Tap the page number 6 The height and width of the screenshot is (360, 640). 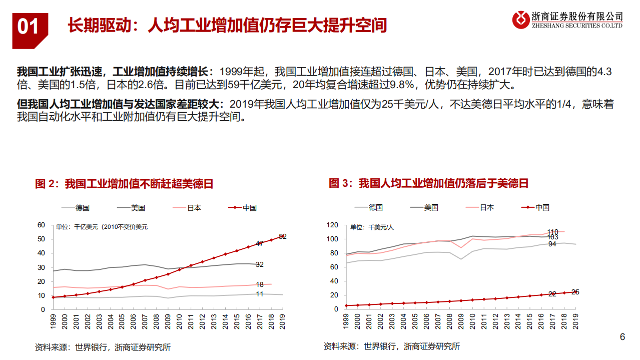pyautogui.click(x=622, y=337)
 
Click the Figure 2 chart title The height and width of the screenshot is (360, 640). pyautogui.click(x=124, y=183)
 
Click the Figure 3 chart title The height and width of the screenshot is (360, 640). pyautogui.click(x=428, y=183)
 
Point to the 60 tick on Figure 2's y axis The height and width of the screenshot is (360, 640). pyautogui.click(x=42, y=225)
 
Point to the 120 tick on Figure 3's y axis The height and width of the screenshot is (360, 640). pyautogui.click(x=333, y=225)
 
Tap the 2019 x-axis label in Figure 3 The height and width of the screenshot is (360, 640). pyautogui.click(x=575, y=320)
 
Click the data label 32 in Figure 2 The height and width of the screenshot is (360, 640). pyautogui.click(x=260, y=264)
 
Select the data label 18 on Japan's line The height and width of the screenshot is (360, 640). pyautogui.click(x=260, y=284)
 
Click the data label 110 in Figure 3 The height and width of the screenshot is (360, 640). pyautogui.click(x=553, y=231)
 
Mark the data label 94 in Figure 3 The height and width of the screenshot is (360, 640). pyautogui.click(x=552, y=244)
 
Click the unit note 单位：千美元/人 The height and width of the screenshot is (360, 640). pyautogui.click(x=372, y=227)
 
